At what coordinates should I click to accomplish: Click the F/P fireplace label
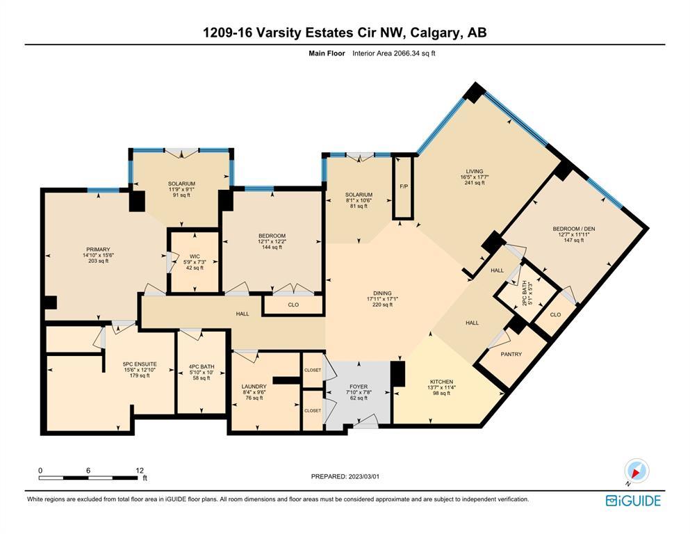pos(404,186)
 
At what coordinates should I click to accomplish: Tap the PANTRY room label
pos(511,354)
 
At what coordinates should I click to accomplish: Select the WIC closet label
pos(195,256)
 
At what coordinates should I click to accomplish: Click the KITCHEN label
pos(441,382)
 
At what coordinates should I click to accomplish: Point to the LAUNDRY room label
pos(254,386)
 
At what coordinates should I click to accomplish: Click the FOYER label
pos(359,387)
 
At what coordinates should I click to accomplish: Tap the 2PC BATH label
pos(524,293)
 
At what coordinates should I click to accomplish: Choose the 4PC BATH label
pos(202,366)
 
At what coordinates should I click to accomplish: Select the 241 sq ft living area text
pos(475,183)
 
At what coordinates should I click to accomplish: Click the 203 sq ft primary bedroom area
pos(98,261)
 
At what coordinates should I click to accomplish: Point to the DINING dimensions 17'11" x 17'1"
pos(382,299)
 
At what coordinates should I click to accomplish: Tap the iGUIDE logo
pos(633,501)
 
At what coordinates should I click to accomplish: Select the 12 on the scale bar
pos(140,470)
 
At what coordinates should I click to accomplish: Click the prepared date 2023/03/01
pos(363,476)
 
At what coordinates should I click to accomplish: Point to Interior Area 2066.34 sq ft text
pos(394,54)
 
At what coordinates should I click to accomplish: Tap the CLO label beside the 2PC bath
pos(555,314)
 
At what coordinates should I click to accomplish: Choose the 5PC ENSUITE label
pos(140,364)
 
